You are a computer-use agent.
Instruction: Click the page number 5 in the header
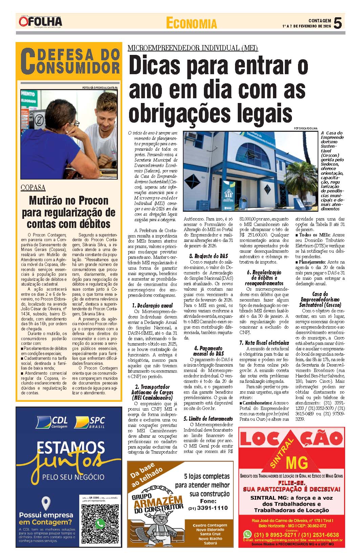[x=338, y=23]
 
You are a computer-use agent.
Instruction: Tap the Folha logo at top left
[x=41, y=22]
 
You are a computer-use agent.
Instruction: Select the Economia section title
[x=191, y=23]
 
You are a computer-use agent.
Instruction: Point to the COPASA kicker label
[x=33, y=188]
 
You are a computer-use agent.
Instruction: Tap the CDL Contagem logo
[x=52, y=422]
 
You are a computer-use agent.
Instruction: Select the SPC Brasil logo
[x=90, y=422]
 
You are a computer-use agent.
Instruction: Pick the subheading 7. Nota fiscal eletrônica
[x=264, y=343]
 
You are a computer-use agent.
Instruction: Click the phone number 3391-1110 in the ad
[x=208, y=508]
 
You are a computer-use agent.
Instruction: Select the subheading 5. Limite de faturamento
[x=208, y=419]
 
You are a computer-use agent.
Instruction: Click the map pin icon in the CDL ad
[x=45, y=504]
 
